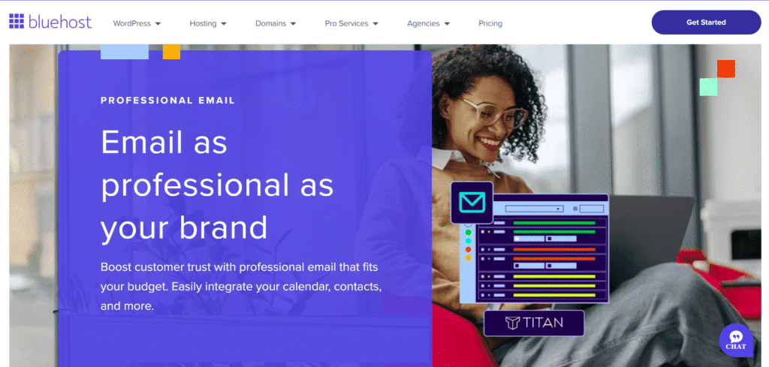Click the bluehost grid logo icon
[x=17, y=22]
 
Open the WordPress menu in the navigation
[x=137, y=23]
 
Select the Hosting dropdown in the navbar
[x=208, y=23]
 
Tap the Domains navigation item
[x=276, y=23]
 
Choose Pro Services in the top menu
[x=351, y=23]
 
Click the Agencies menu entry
[x=428, y=23]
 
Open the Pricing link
[x=490, y=23]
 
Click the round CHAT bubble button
[x=736, y=339]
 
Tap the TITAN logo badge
[x=534, y=323]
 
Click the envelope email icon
[x=472, y=203]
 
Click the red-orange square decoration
[x=726, y=68]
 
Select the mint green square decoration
[x=708, y=87]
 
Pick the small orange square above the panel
[x=172, y=52]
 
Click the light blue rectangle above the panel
[x=125, y=52]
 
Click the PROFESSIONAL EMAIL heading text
[x=167, y=101]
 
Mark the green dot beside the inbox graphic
[x=468, y=232]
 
